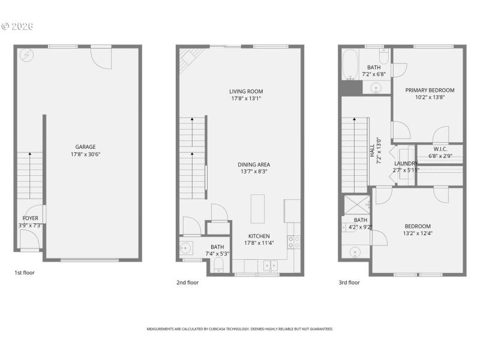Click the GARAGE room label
coord(85,147)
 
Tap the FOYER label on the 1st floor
coord(31,218)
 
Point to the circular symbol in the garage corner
coord(26,56)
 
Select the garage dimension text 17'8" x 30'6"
coord(85,154)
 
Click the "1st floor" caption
coord(25,273)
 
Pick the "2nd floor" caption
coord(187,283)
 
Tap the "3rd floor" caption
coord(349,283)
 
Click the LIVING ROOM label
coord(246,91)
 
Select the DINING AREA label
coord(254,164)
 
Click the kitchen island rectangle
coord(257,207)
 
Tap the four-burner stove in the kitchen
coord(294,241)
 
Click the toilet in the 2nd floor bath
coord(218,266)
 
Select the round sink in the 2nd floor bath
coord(187,247)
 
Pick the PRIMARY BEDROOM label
coord(430,91)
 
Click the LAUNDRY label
coord(406,163)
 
